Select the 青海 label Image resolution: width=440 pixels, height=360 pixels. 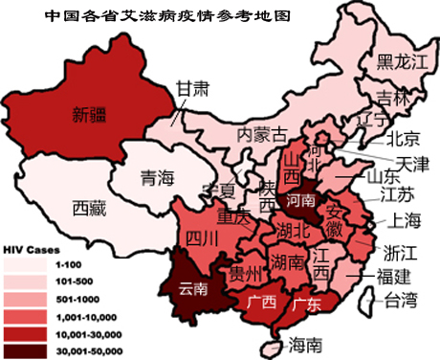click(158, 177)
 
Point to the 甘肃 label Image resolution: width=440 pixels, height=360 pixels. click(191, 88)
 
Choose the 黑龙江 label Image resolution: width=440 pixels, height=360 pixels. click(400, 62)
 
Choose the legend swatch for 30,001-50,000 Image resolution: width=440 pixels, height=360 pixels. click(26, 350)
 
